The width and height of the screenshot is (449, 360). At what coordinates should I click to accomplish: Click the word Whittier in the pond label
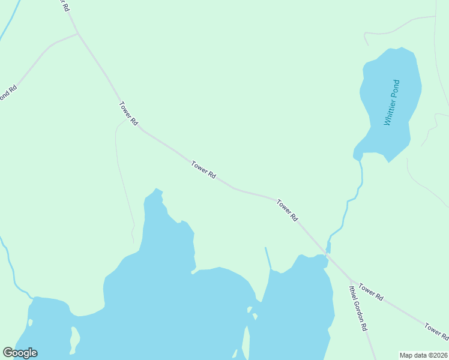389,112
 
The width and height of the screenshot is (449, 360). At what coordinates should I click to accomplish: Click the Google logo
20,353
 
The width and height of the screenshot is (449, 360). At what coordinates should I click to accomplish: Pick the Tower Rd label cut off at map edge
436,330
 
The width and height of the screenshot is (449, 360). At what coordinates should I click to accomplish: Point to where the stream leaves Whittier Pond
358,158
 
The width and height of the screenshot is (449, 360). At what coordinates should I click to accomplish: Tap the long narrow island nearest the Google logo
74,340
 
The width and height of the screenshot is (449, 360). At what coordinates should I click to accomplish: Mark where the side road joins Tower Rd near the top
78,34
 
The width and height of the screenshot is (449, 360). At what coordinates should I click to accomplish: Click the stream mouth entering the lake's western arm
32,297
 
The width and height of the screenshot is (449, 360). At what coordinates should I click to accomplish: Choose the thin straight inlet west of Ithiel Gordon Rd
268,259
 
